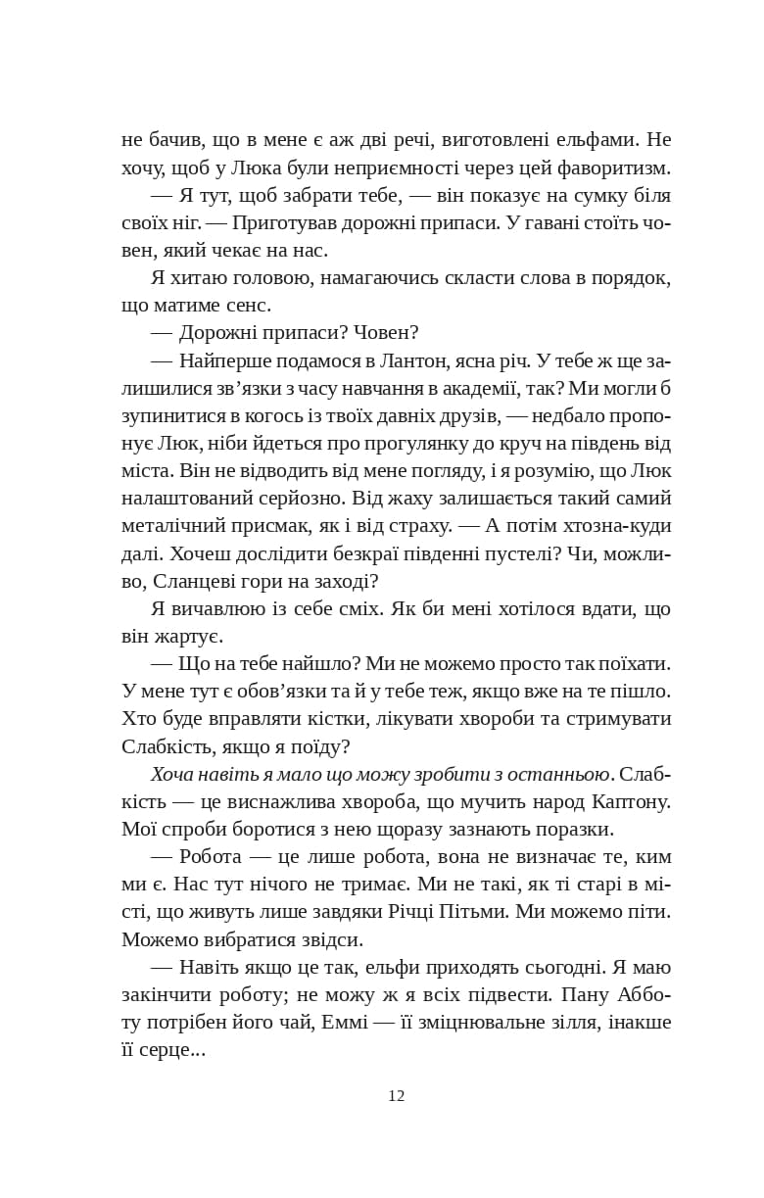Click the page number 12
click(396, 1095)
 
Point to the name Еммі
click(371, 1022)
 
